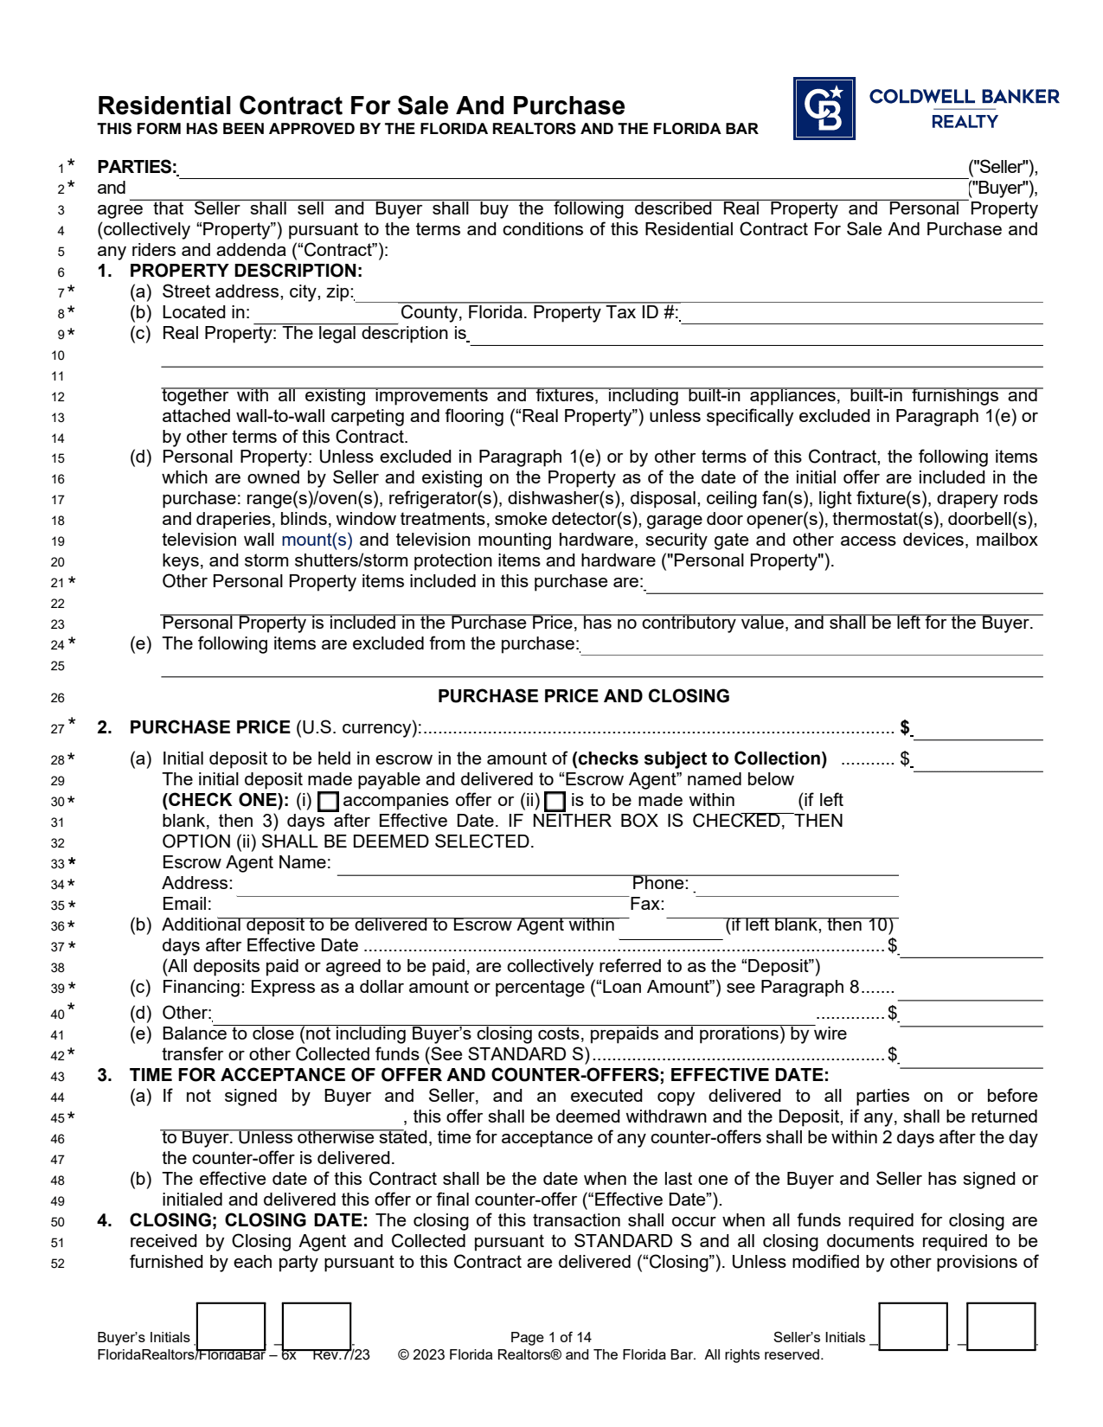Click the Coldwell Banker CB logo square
[824, 108]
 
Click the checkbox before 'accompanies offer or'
[328, 802]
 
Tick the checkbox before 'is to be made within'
[555, 802]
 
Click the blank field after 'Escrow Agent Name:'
[617, 864]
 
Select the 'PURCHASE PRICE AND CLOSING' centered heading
[583, 696]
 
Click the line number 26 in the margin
[58, 698]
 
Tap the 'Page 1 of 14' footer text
[550, 1337]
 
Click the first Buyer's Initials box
[230, 1326]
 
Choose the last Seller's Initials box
[1000, 1326]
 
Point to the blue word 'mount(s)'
[317, 540]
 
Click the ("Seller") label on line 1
[1002, 167]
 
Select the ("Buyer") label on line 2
[1002, 188]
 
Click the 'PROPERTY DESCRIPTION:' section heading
[246, 271]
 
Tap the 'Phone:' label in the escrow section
[660, 883]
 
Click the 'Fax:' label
[647, 904]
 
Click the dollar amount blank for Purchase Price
[978, 729]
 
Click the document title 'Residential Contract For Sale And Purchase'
[361, 106]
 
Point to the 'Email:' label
[186, 904]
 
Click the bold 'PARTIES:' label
[137, 167]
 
